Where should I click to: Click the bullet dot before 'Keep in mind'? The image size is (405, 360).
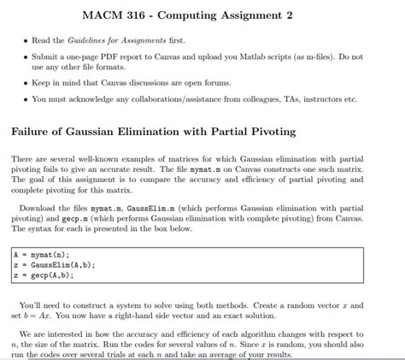pyautogui.click(x=23, y=83)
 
